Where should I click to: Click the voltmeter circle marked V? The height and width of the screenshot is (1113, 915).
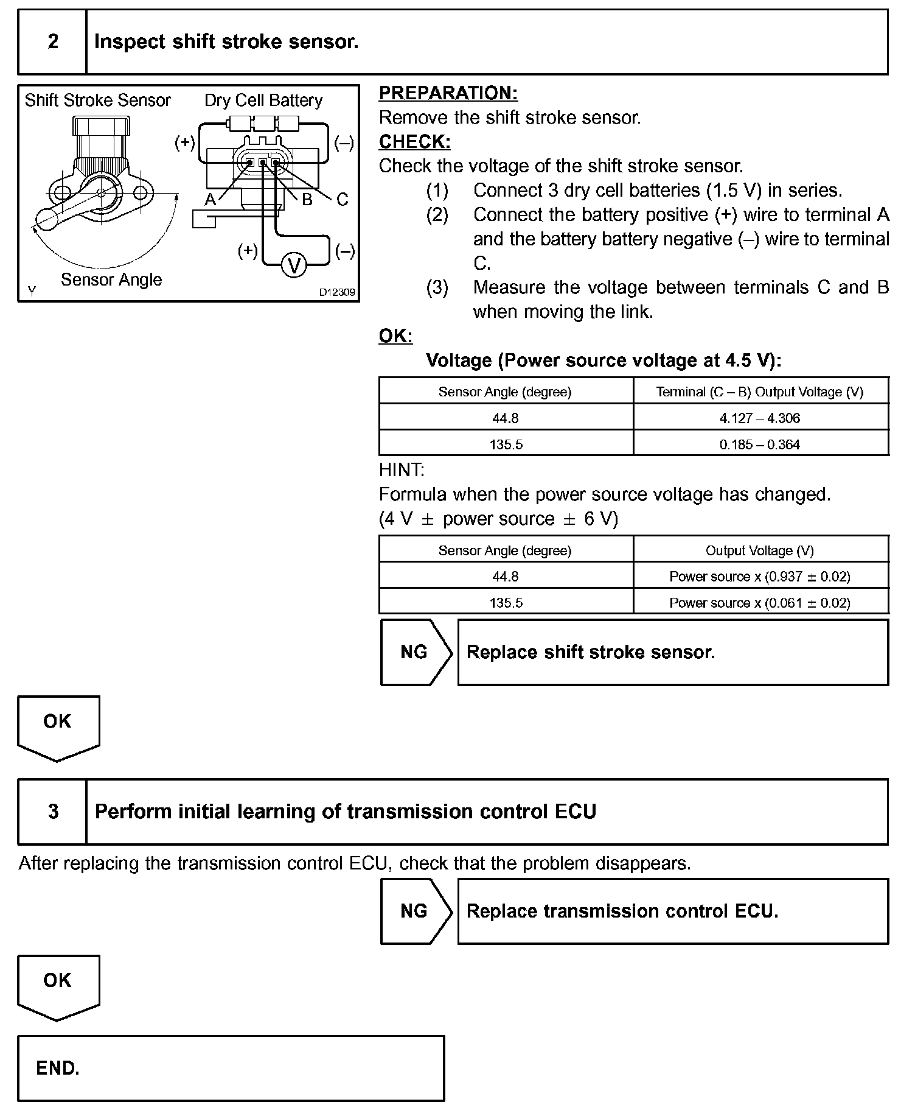pos(295,265)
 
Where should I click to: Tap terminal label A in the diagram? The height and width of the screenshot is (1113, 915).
pos(210,199)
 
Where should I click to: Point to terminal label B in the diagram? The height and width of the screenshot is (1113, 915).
pos(307,199)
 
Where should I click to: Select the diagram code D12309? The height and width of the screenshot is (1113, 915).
pos(337,292)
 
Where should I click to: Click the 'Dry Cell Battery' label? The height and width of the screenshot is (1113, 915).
pos(263,100)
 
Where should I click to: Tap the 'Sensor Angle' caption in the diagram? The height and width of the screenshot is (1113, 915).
pos(111,280)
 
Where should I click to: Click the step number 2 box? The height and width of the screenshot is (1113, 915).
pos(53,42)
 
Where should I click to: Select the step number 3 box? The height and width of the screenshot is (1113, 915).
pos(53,812)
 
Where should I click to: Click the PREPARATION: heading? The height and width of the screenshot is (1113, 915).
pos(448,93)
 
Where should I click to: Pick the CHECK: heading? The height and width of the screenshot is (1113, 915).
pos(414,142)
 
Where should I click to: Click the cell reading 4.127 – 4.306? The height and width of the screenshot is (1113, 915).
pos(760,418)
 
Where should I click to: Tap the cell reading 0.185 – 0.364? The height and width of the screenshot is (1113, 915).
pos(760,444)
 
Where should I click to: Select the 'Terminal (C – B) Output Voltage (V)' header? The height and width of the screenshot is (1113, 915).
pos(760,392)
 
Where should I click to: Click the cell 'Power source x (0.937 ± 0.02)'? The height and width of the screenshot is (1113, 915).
pos(760,577)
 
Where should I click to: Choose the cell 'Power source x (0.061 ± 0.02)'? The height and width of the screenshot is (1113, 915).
pos(760,603)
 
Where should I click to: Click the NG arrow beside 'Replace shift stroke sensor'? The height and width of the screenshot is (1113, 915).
pos(415,652)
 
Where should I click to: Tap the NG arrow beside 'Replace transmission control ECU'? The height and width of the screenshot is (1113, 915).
pos(415,911)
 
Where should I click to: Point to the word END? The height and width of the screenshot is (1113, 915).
pos(58,1068)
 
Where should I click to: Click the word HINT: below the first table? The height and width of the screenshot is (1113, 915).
pos(402,470)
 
